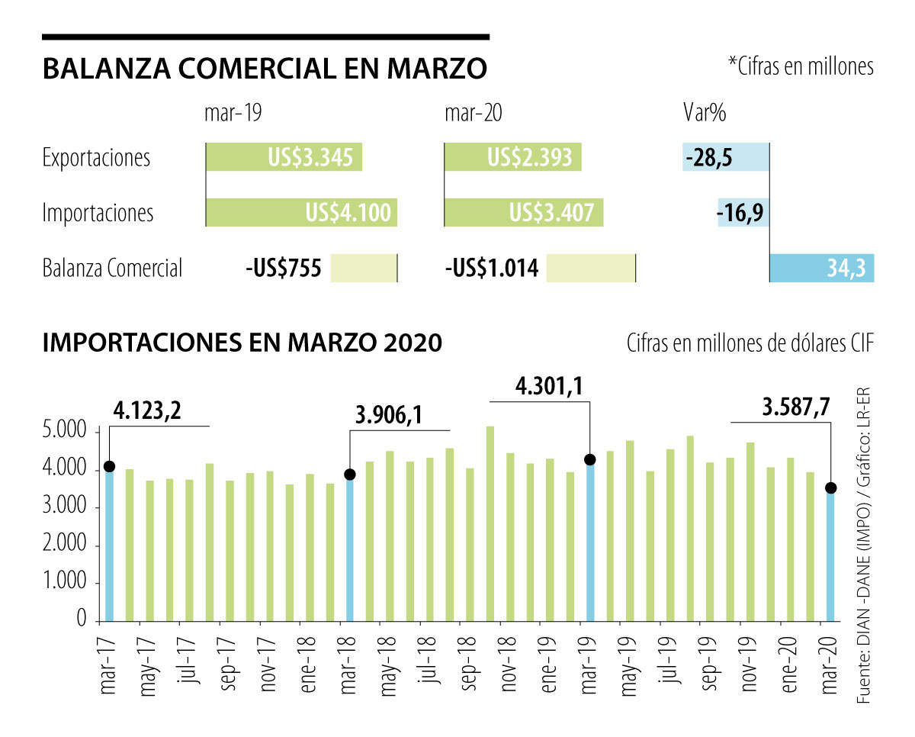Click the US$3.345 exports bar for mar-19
tap(284, 158)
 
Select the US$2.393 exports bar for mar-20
tap(512, 158)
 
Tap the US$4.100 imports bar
tap(302, 212)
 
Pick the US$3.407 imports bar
tap(524, 212)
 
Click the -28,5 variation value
tap(709, 158)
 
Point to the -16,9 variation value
tap(742, 212)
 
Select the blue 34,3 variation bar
tap(822, 268)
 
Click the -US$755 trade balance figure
tap(284, 269)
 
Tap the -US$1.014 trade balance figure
tap(492, 269)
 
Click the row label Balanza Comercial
tap(112, 269)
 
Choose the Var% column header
tap(704, 114)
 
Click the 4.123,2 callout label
tap(148, 411)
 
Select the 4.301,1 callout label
tap(550, 387)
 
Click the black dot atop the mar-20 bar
tap(830, 488)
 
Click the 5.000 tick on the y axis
tap(68, 433)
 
